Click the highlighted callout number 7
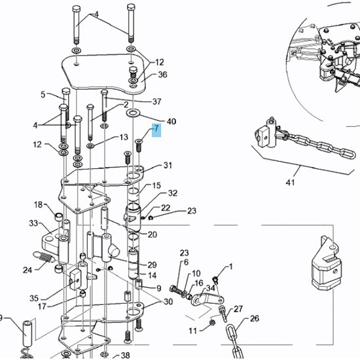tap(156, 131)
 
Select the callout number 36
tap(162, 75)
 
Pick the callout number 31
tap(168, 165)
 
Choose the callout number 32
tap(173, 193)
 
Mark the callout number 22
tap(166, 208)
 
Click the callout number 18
tap(38, 205)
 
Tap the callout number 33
tap(33, 223)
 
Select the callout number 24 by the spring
tap(27, 269)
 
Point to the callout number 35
tap(34, 298)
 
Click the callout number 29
tap(152, 264)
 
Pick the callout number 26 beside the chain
tap(255, 319)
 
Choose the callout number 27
tap(238, 308)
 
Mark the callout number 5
tap(43, 94)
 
